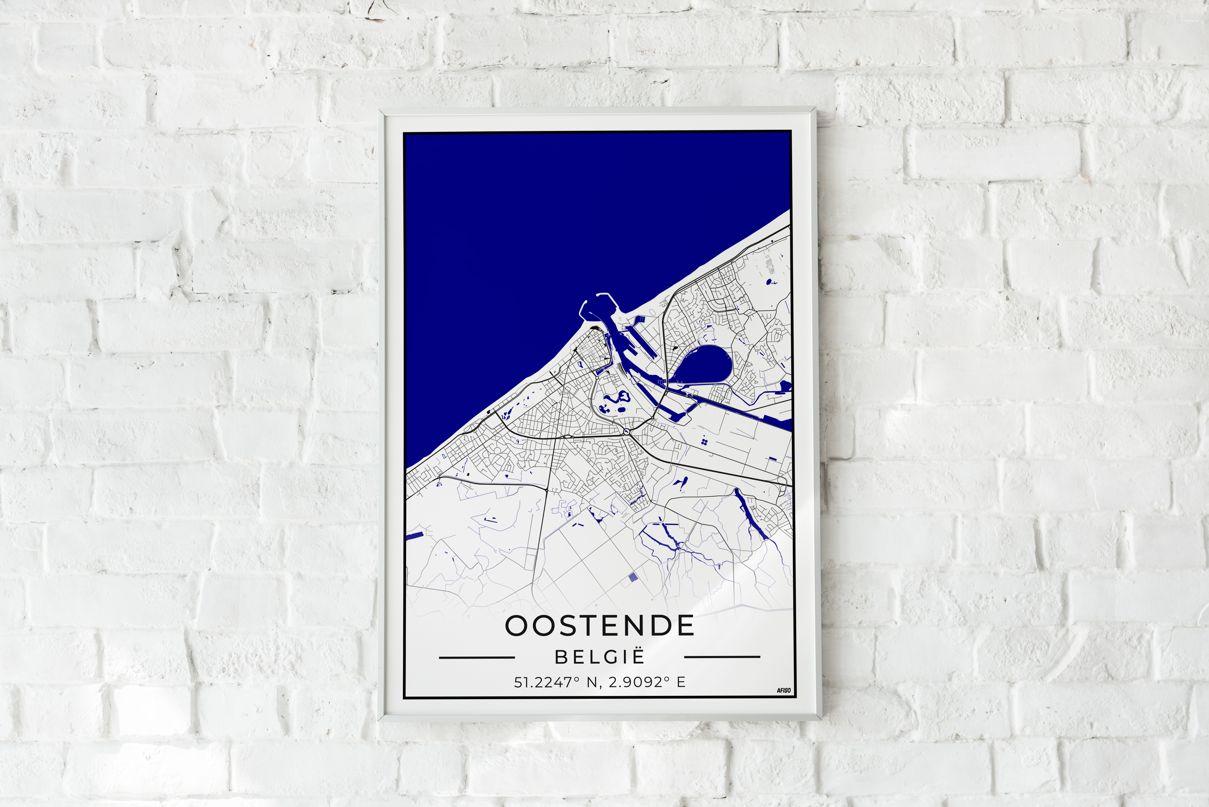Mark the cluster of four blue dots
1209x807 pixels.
[x=704, y=441]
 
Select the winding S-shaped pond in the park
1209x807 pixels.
[x=615, y=399]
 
